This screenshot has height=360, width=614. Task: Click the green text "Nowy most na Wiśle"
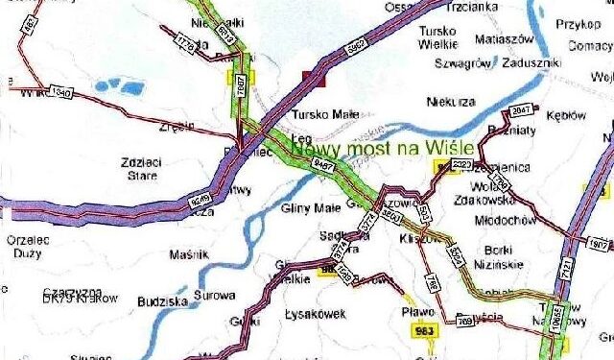(383, 149)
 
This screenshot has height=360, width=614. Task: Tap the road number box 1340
(59, 93)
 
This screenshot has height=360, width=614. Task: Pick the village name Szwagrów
(460, 62)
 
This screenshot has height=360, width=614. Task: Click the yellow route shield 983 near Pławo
(423, 332)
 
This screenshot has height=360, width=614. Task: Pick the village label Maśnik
(188, 254)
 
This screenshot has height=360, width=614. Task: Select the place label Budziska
(158, 300)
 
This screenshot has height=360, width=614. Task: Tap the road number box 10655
(556, 327)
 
